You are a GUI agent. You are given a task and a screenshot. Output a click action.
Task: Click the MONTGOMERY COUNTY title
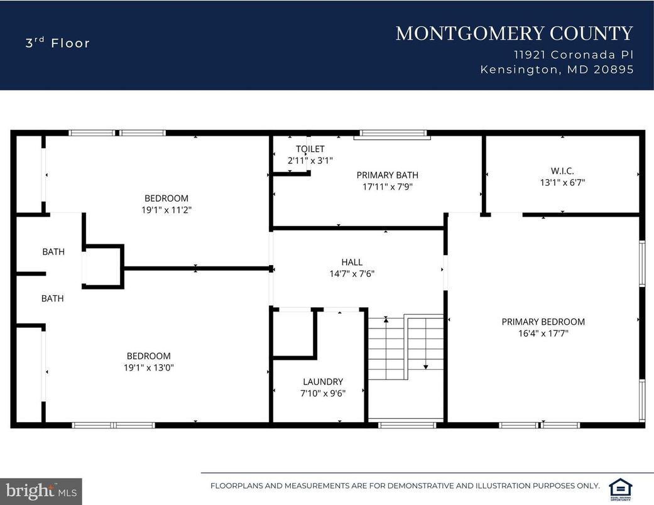pos(514,33)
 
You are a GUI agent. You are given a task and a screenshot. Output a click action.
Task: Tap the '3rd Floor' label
pos(58,43)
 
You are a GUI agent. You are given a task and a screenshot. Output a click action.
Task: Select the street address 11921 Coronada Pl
pos(573,55)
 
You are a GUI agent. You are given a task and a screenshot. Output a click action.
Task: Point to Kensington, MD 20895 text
pos(557,70)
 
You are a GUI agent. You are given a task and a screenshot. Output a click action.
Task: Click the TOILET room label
pos(310,149)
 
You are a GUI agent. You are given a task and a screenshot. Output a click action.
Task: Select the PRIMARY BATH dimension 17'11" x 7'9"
pos(387,187)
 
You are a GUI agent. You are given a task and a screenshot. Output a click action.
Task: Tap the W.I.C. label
pos(562,170)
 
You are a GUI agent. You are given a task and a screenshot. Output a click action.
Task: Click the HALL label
pos(352,262)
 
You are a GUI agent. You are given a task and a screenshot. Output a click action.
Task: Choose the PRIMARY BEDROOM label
pos(543,322)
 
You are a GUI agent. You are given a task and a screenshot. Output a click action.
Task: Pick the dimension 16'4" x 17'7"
pos(543,334)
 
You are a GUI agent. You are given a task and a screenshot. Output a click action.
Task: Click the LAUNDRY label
pos(323,381)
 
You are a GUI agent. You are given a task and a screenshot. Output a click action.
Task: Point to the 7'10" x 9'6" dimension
pos(323,393)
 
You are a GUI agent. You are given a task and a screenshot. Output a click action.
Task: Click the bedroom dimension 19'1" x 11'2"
pos(166,210)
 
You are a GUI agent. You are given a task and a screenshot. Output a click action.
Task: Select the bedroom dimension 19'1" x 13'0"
pos(148,367)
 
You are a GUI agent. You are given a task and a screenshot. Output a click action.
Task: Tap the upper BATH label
pos(53,252)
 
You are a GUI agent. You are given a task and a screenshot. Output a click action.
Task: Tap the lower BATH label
pos(53,298)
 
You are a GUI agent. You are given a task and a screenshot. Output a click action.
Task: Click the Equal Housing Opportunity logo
pos(621,488)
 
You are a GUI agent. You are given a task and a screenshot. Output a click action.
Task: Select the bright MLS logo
pos(41,490)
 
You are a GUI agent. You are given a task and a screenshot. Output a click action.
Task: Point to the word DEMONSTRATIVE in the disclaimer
pos(417,486)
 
